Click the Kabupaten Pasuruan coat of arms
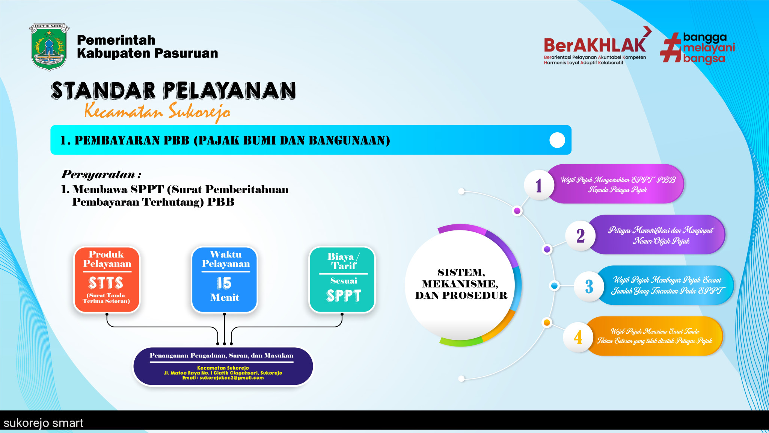(x=49, y=47)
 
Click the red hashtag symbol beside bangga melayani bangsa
(x=671, y=47)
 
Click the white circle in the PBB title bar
(x=557, y=140)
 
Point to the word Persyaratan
(x=98, y=174)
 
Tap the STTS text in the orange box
(x=106, y=283)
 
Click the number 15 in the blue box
(x=224, y=283)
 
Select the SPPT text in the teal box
(x=344, y=296)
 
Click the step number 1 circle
(x=539, y=185)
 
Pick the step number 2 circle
(x=581, y=236)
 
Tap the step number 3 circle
(x=589, y=286)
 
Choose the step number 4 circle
(x=578, y=337)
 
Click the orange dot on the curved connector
(x=547, y=322)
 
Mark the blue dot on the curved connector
(x=554, y=286)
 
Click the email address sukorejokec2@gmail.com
(x=232, y=378)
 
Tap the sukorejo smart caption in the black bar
(x=44, y=423)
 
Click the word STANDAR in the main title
(x=103, y=91)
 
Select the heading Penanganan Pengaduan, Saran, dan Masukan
(x=222, y=356)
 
